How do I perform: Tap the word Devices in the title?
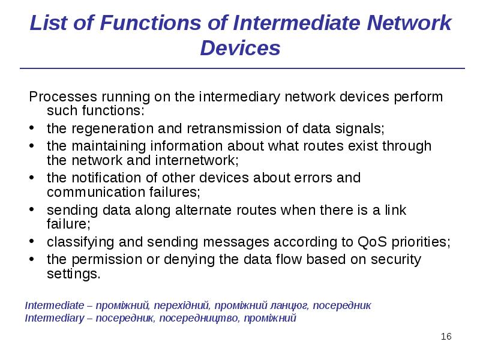click(x=240, y=47)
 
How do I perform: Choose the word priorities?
click(x=421, y=242)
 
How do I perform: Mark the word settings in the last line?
click(x=73, y=274)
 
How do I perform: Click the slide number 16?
click(x=446, y=336)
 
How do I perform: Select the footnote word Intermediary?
click(x=55, y=318)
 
